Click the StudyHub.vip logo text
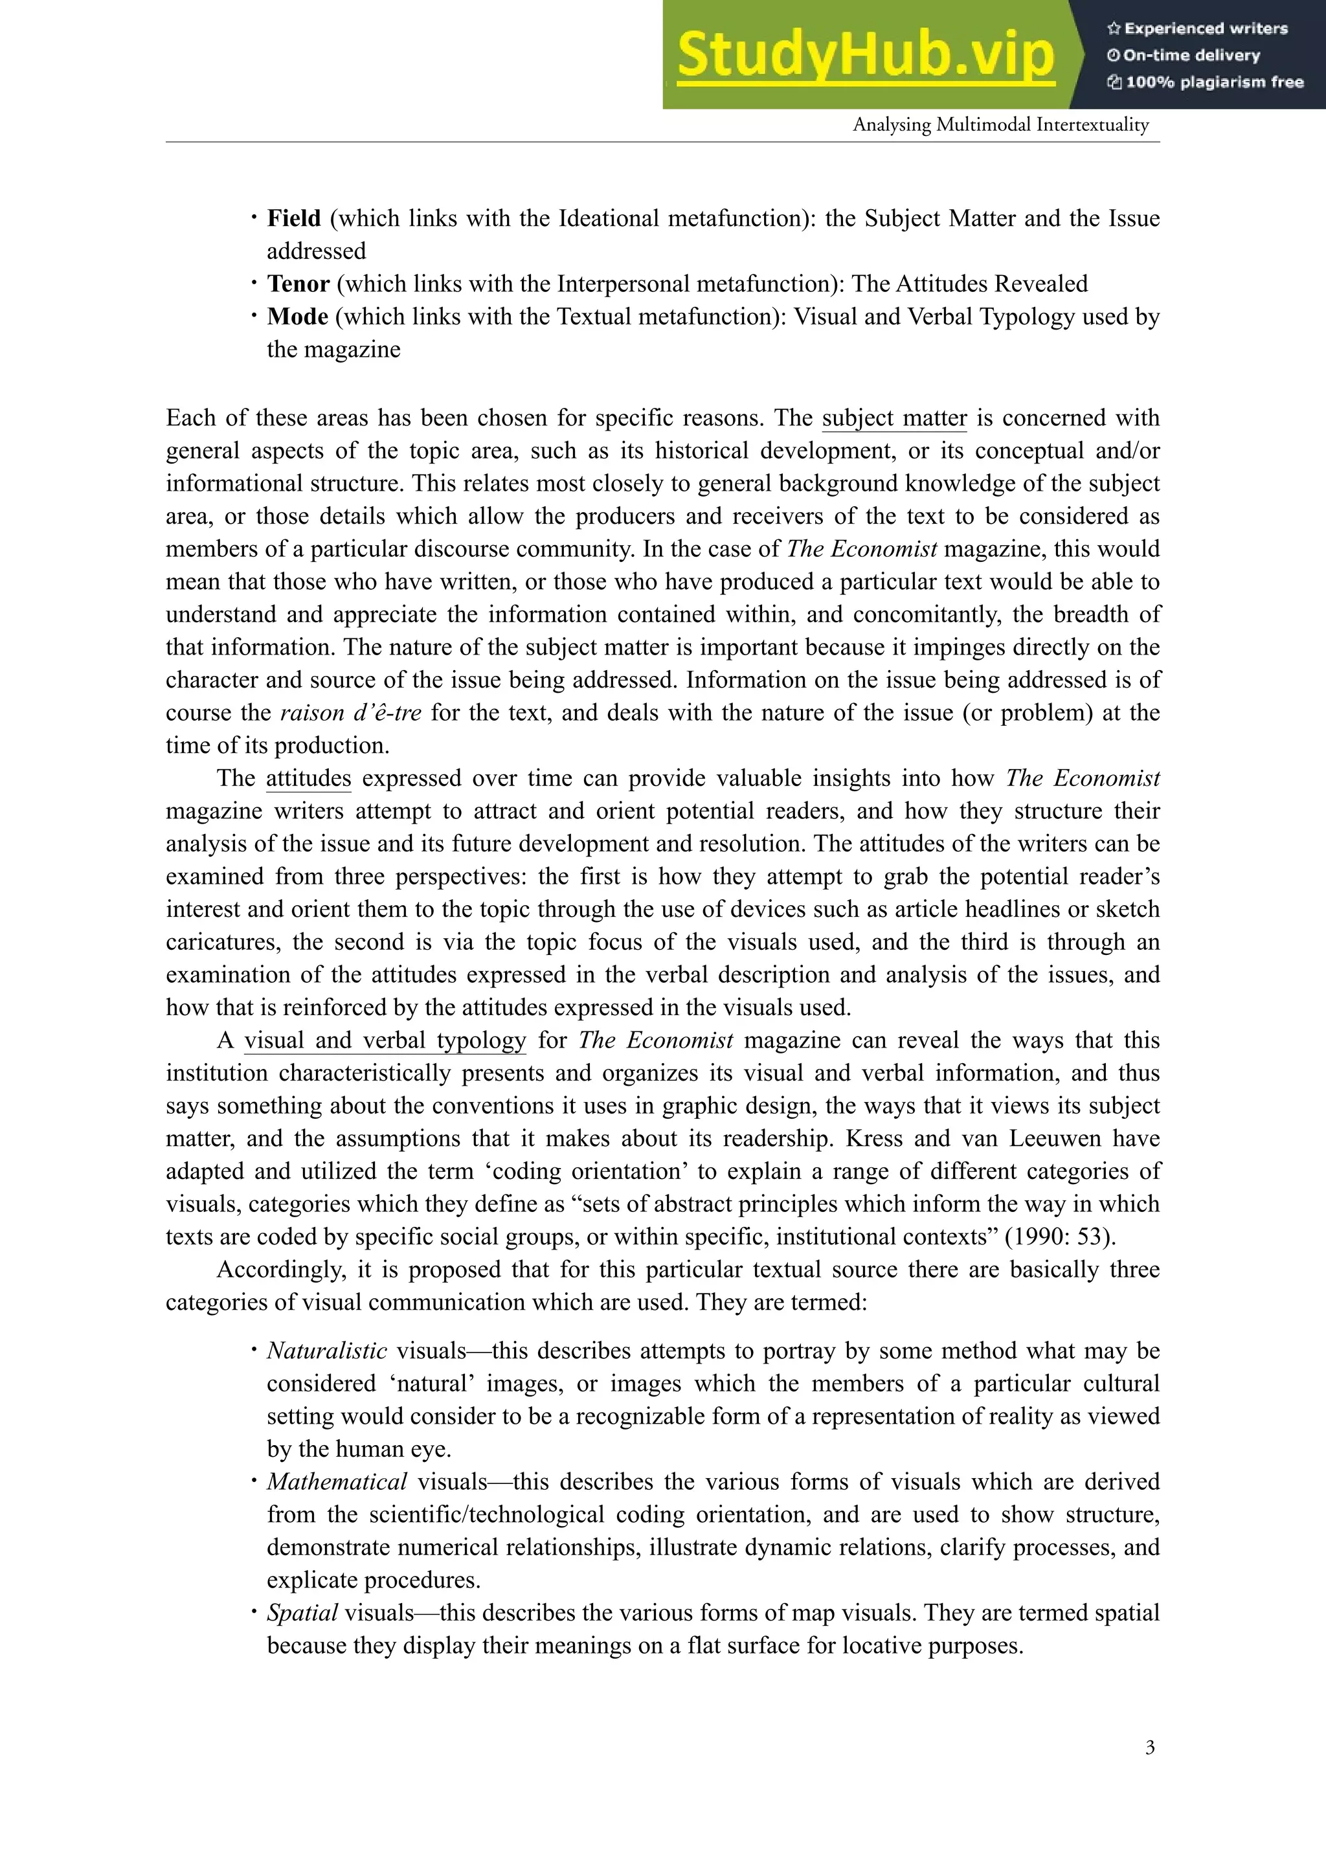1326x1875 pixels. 866,56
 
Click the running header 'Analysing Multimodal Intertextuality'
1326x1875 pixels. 1000,125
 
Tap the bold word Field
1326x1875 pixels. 294,219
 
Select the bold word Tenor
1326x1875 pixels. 298,284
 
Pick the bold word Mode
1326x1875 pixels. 297,317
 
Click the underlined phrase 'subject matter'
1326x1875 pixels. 894,418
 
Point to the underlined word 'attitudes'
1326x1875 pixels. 309,778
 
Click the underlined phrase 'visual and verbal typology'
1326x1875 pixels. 385,1040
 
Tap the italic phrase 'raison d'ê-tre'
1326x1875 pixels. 350,713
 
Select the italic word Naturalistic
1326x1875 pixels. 326,1351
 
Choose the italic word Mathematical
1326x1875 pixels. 337,1481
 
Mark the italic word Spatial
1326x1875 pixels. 302,1612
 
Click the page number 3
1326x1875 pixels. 1150,1747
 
